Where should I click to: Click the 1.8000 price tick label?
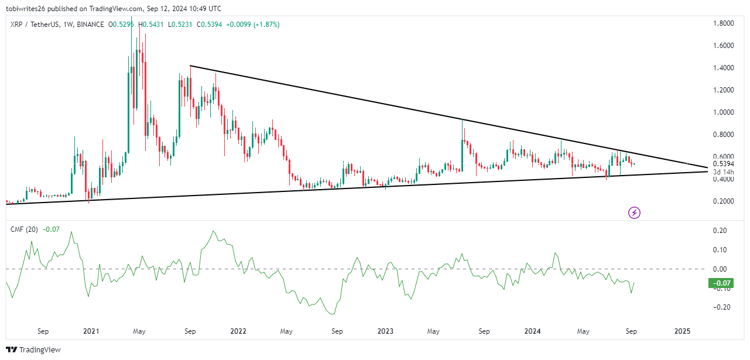723,23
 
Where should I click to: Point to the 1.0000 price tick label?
723,112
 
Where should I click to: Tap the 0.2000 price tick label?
723,201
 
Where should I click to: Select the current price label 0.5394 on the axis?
723,164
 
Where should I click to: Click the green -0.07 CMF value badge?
721,283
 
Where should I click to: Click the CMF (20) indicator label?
23,229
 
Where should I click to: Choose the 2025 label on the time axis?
682,331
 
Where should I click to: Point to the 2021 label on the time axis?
91,331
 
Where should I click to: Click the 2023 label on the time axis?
385,331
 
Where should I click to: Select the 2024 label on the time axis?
533,331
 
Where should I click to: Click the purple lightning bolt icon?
634,212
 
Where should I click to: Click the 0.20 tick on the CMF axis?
721,231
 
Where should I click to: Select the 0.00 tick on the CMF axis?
721,269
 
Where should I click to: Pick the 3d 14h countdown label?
723,172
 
